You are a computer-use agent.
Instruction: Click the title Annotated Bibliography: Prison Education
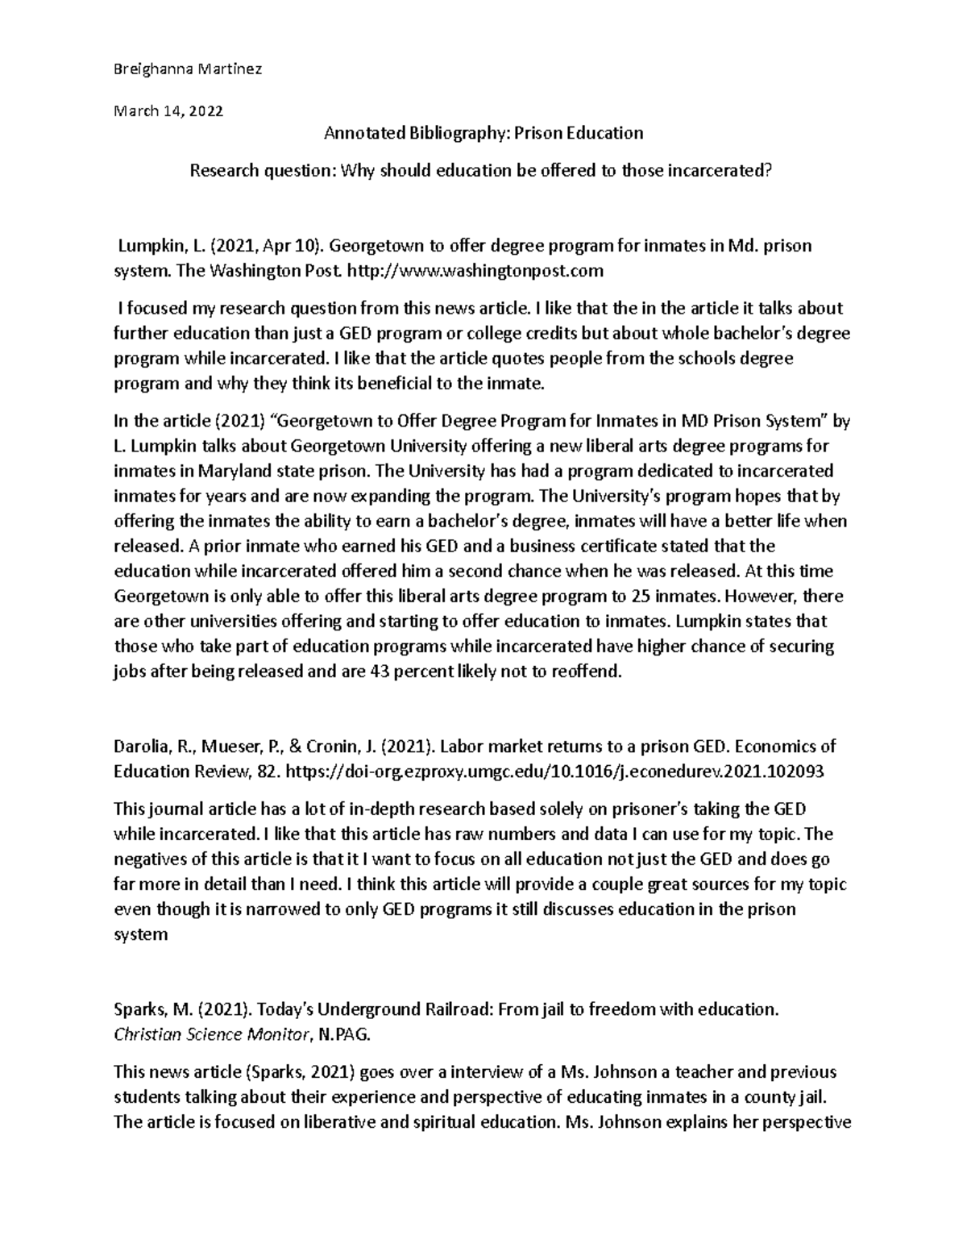point(483,133)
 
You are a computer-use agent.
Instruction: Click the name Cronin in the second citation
point(314,746)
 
